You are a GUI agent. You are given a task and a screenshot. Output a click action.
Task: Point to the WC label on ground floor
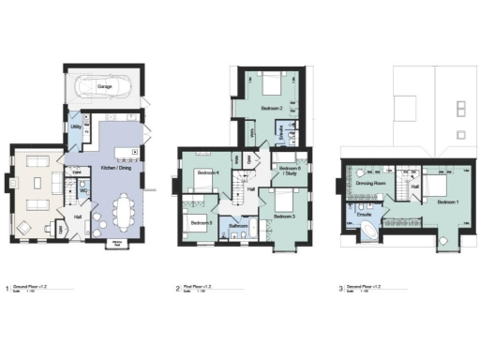pyautogui.click(x=83, y=190)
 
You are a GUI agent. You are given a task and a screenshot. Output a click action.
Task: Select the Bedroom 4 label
pyautogui.click(x=208, y=173)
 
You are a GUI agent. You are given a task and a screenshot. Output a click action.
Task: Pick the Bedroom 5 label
pyautogui.click(x=199, y=222)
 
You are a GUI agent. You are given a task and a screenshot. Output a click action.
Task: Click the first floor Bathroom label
pyautogui.click(x=238, y=226)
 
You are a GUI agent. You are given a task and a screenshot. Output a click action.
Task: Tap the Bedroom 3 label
pyautogui.click(x=285, y=217)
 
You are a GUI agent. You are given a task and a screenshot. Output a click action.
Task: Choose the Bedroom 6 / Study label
pyautogui.click(x=287, y=171)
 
